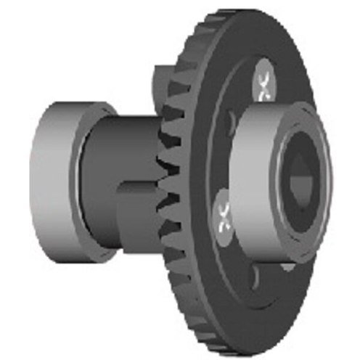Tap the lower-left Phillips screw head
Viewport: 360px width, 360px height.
[221, 214]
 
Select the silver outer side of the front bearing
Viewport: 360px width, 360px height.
[254, 181]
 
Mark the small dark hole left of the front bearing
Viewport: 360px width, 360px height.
[231, 120]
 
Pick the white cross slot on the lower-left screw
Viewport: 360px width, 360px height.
[221, 214]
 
